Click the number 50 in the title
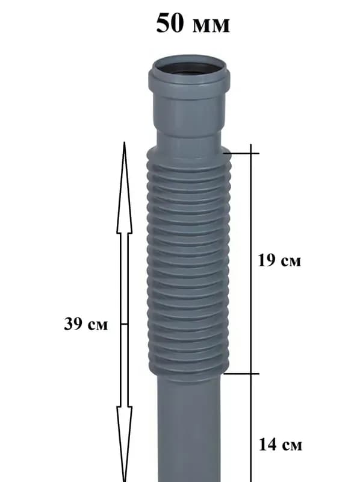(x=170, y=23)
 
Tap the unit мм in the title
(x=211, y=26)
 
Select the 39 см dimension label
(x=86, y=324)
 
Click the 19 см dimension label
(x=279, y=260)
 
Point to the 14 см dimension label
(x=281, y=445)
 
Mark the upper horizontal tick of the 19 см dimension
(x=241, y=153)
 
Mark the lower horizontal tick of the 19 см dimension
(x=241, y=374)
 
